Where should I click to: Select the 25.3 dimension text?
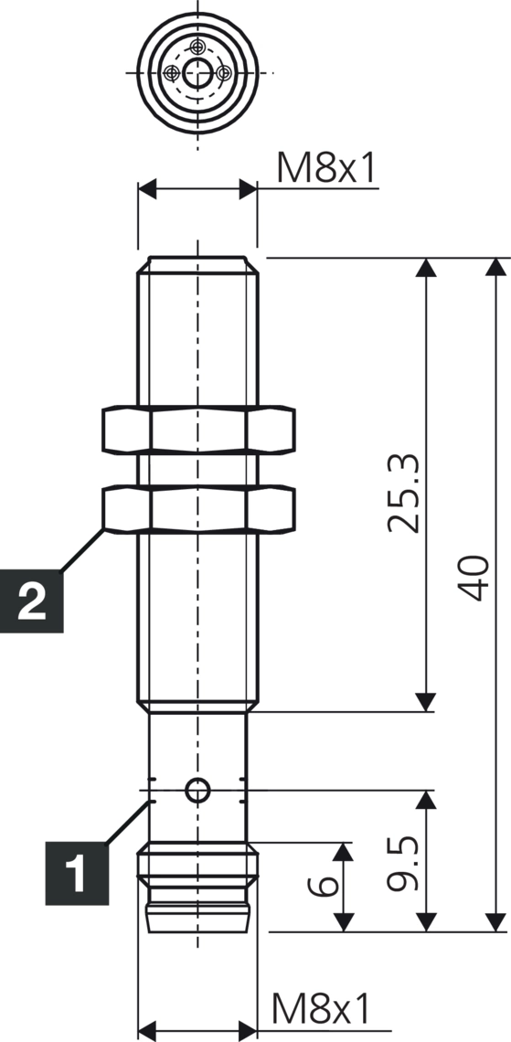point(402,493)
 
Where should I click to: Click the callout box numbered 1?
point(76,873)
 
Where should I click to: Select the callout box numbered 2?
point(32,602)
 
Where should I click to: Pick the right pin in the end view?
point(222,72)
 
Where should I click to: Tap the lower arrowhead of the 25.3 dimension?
point(426,702)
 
